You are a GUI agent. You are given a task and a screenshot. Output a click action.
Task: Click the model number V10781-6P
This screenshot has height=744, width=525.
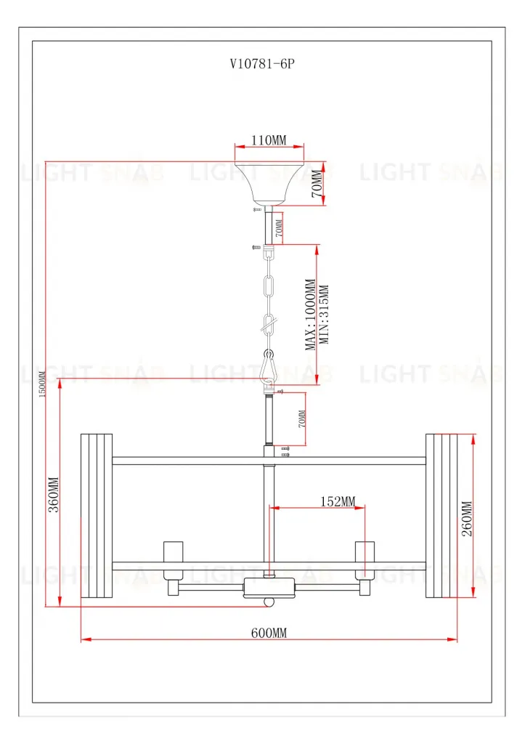pos(261,63)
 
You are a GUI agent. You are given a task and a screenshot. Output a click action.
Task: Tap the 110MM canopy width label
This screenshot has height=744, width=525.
pos(269,139)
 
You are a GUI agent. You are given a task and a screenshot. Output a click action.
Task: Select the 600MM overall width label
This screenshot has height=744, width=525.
pos(269,633)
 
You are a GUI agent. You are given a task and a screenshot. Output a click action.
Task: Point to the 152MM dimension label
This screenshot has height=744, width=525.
pos(338,501)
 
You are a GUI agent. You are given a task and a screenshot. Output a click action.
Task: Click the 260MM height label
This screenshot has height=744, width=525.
pos(467,518)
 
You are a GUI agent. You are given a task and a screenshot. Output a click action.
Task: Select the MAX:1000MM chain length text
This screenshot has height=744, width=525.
pos(311,315)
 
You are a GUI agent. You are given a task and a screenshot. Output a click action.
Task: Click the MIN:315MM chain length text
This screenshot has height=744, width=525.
pos(324,315)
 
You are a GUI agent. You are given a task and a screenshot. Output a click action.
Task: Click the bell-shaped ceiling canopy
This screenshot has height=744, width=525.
pos(269,182)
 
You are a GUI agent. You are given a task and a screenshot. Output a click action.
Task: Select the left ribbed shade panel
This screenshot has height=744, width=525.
pos(97,516)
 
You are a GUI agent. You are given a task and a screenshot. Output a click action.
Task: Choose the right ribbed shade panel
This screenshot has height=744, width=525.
pos(442,516)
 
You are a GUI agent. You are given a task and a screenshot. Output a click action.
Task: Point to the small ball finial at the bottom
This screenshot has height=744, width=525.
pos(269,602)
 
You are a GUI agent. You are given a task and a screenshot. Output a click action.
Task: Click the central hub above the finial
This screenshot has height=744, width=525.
pos(269,586)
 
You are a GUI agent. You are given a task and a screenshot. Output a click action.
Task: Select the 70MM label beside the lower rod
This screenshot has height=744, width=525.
pos(302,419)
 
